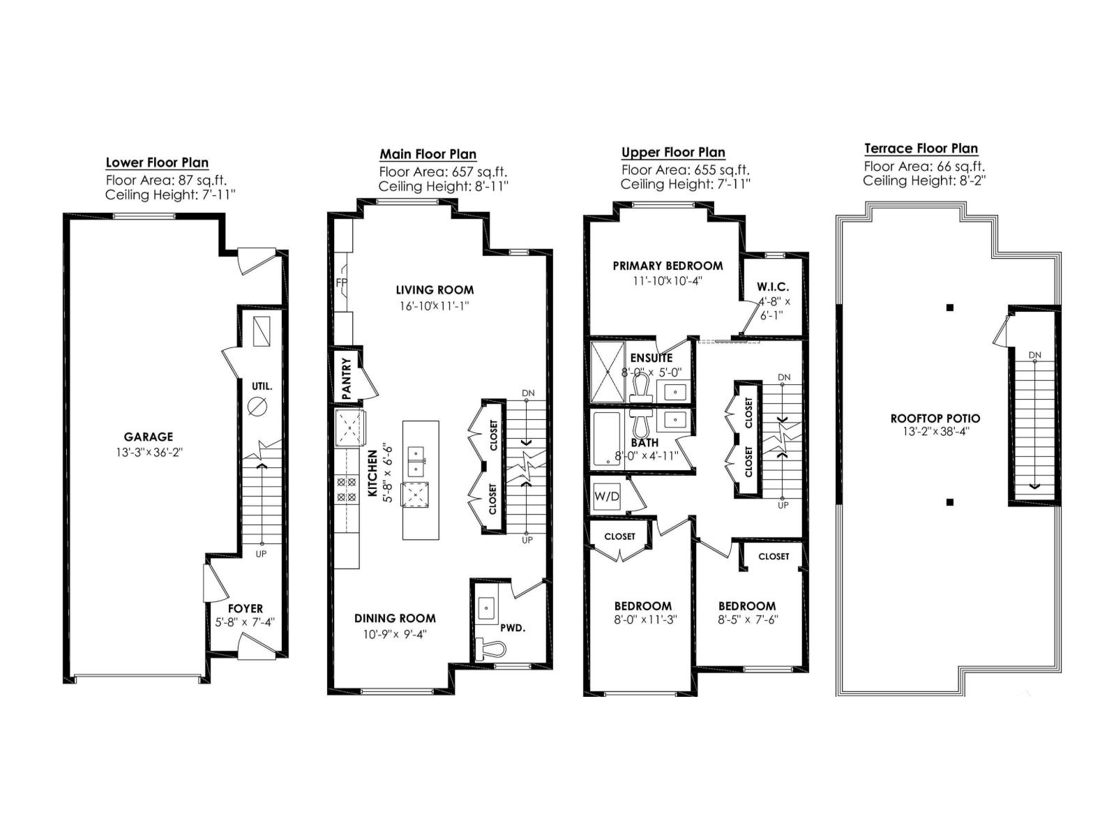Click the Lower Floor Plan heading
(x=157, y=163)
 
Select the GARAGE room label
(x=148, y=437)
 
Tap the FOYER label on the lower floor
(x=246, y=609)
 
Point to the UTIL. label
(x=262, y=386)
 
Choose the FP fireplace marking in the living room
(x=341, y=283)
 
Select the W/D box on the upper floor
(x=607, y=497)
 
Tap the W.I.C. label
(x=773, y=287)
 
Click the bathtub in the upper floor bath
(x=605, y=439)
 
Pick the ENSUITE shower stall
(x=606, y=371)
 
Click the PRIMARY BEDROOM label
(x=668, y=266)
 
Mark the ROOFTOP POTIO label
(x=935, y=418)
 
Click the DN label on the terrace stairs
(x=1034, y=355)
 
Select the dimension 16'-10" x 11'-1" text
(x=435, y=306)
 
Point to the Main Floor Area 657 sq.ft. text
(x=443, y=172)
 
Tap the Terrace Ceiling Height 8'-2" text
(x=924, y=181)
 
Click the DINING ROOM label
(x=395, y=618)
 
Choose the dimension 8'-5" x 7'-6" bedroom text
(x=747, y=619)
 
